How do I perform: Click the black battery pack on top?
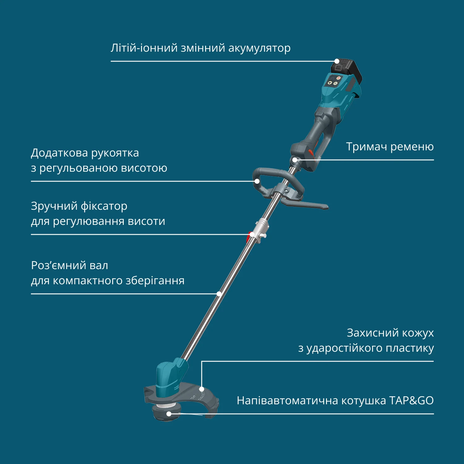coord(348,70)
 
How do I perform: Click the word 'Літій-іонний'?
coord(144,48)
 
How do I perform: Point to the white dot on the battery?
coord(337,61)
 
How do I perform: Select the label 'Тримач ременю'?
coord(390,147)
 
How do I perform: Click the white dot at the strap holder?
coord(295,160)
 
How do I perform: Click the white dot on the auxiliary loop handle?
coord(256,181)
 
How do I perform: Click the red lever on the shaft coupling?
coord(248,238)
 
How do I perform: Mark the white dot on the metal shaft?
coord(219,294)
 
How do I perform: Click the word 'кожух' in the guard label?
coord(417,333)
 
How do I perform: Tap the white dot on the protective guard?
coord(201,389)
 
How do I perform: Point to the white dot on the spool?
coord(169,414)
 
